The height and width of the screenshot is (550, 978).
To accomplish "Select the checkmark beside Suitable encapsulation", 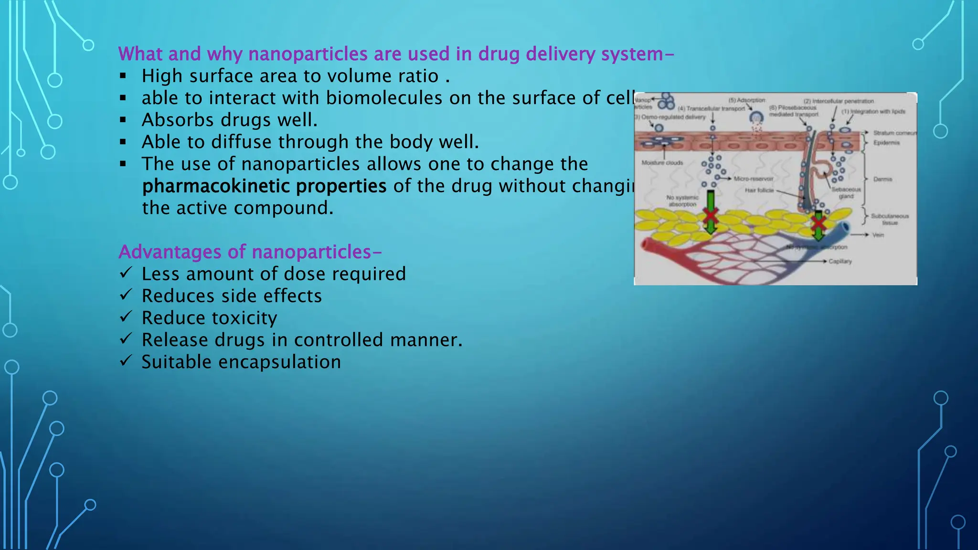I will (125, 360).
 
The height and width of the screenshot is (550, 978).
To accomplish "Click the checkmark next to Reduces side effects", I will (125, 295).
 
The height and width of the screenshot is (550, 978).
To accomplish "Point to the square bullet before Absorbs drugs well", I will (123, 120).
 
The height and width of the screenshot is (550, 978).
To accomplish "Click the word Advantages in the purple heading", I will (170, 252).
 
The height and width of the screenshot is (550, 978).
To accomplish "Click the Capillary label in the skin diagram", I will (840, 262).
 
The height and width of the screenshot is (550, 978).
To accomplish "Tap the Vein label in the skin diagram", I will (878, 235).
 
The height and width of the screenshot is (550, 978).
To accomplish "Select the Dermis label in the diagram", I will (882, 180).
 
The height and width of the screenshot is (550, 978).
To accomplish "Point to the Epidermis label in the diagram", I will (886, 143).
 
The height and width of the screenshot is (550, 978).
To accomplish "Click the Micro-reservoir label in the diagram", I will (753, 179).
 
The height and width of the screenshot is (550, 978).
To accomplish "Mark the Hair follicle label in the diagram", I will (759, 190).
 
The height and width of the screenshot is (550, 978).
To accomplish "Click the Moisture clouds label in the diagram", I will (662, 163).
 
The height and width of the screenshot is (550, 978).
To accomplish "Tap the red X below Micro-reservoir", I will (711, 216).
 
